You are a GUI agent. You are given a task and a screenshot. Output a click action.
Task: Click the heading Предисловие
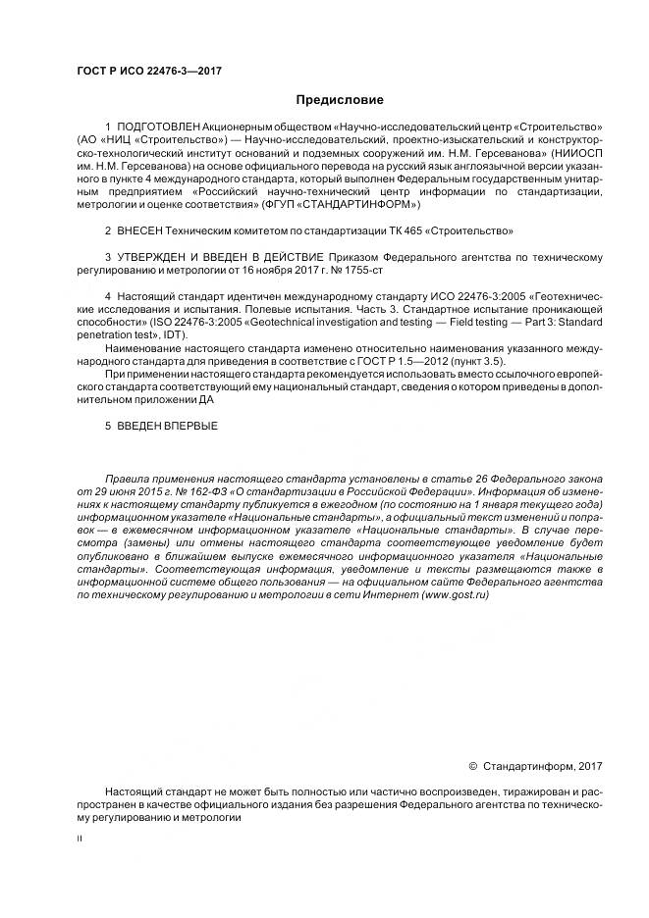coord(339,99)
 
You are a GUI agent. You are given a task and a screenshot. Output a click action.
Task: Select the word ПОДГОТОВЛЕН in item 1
coord(158,128)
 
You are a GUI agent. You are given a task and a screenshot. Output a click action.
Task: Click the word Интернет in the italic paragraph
coord(390,594)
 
